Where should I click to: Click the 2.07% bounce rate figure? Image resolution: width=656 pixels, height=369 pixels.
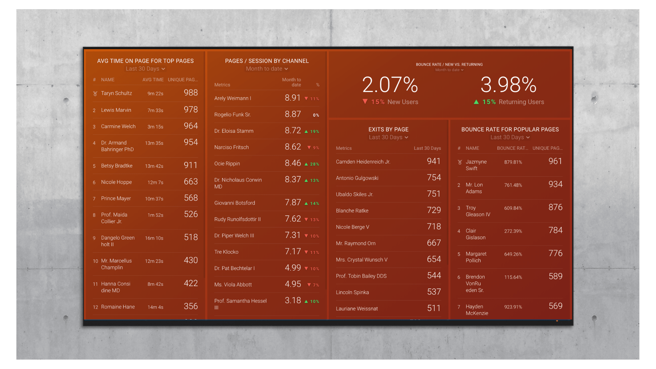tap(390, 85)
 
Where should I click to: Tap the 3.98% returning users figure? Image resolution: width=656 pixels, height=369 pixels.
tap(508, 85)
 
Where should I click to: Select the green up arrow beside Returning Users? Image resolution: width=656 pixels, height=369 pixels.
tap(476, 102)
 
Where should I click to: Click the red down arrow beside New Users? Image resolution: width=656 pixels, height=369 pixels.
tap(365, 102)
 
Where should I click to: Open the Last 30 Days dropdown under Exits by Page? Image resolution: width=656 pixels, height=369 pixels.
tap(388, 137)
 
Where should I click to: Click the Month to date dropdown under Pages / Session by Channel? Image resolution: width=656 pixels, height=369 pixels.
tap(267, 69)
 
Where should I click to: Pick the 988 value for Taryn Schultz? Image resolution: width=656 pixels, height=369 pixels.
tap(190, 93)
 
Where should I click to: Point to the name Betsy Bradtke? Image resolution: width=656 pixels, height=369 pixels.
tap(117, 166)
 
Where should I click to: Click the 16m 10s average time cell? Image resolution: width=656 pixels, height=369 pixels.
tap(154, 238)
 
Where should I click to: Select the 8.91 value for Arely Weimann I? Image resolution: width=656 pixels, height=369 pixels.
tap(292, 98)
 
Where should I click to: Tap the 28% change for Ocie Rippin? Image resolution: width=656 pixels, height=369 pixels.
tap(314, 164)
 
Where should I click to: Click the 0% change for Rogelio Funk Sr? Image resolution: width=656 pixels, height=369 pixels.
tap(316, 115)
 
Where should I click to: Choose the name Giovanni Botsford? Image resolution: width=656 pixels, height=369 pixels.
tap(234, 203)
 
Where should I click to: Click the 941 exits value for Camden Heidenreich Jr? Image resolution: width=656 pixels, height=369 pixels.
tap(433, 161)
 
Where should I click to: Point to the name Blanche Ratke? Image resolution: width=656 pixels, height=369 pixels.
tap(352, 211)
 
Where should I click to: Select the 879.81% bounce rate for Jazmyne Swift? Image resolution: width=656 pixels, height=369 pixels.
tap(513, 162)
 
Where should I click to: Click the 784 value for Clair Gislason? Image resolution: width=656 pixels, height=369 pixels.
tap(555, 230)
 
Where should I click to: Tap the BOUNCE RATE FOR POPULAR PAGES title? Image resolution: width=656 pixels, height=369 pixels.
tap(510, 129)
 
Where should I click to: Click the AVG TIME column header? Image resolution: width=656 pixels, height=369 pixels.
tap(153, 80)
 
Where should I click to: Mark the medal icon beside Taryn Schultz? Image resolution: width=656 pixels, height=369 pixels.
tap(95, 93)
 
